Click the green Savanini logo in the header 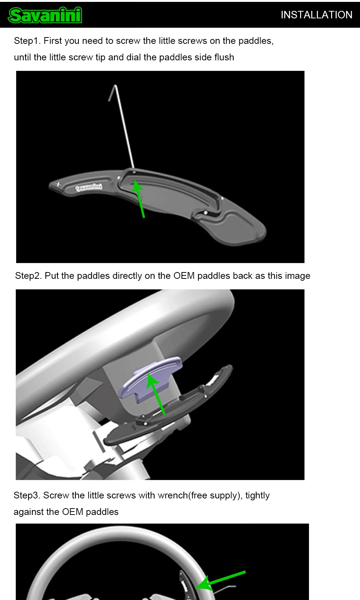(45, 15)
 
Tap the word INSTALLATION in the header (316, 15)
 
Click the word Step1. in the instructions (27, 41)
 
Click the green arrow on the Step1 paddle (138, 199)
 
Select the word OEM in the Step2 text (184, 275)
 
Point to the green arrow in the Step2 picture (156, 394)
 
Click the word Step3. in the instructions (27, 495)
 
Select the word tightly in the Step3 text (257, 495)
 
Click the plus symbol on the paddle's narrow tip (58, 184)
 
